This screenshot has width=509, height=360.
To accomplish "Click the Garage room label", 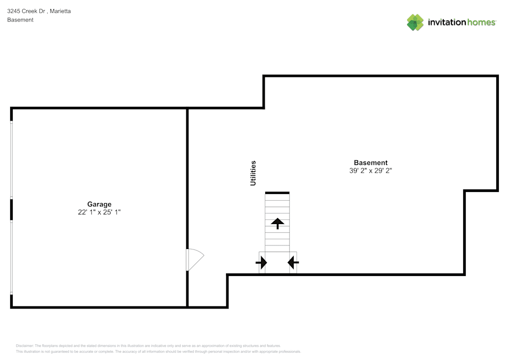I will click(x=99, y=204).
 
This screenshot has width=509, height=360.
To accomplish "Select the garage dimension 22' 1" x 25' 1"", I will click(x=99, y=212).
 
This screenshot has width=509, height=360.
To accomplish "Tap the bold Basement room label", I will click(x=371, y=163).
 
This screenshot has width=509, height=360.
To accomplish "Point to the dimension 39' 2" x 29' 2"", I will click(x=371, y=171).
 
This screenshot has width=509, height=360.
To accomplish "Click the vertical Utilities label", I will click(x=253, y=173).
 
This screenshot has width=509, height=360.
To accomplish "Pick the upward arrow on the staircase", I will click(x=277, y=223).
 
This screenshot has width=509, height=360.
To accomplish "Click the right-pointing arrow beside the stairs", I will click(x=261, y=263).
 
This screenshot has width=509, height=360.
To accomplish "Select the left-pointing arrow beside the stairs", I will click(x=293, y=263).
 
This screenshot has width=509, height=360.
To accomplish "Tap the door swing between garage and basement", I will click(x=195, y=259).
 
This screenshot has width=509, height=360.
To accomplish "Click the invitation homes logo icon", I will click(x=415, y=22).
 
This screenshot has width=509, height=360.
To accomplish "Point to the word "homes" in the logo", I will click(x=482, y=22).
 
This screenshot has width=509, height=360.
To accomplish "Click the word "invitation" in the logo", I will click(x=447, y=22).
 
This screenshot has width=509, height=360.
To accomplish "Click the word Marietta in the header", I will click(x=61, y=11).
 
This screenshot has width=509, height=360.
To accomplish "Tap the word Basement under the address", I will click(x=20, y=20).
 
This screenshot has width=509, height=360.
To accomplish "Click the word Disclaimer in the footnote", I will click(x=24, y=346).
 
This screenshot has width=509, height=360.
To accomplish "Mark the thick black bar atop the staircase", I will click(x=277, y=192).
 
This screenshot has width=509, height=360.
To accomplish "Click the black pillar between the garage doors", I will click(x=12, y=209).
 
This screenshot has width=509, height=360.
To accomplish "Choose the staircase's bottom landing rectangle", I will click(x=277, y=262).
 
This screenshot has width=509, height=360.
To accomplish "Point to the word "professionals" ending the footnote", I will click(x=289, y=351).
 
